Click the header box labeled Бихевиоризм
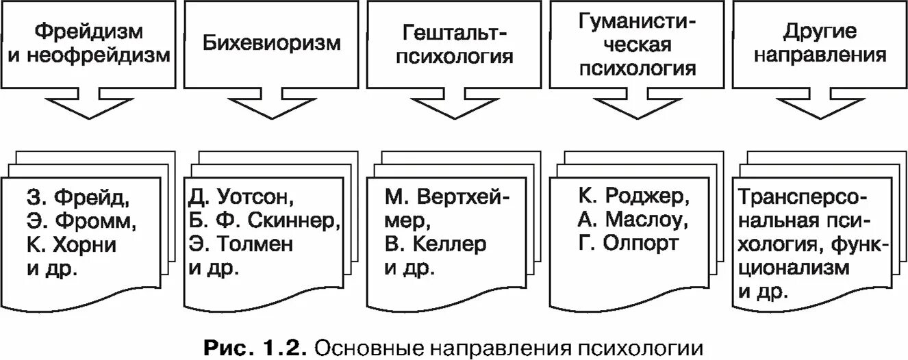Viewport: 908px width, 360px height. (272, 44)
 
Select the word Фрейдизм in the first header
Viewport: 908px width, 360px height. (89, 31)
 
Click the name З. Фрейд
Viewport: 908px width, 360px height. (79, 199)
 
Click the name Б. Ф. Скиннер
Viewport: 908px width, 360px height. (264, 222)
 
